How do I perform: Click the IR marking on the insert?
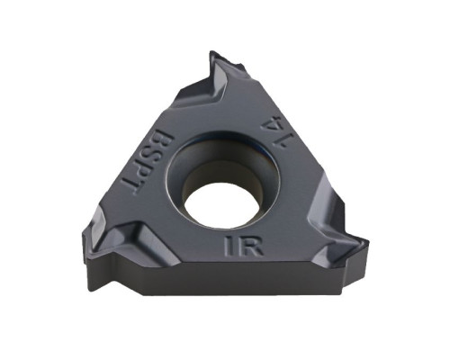pyautogui.click(x=244, y=246)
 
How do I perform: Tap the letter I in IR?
pyautogui.click(x=229, y=246)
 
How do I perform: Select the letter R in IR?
pyautogui.click(x=251, y=246)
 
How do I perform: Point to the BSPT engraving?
pyautogui.click(x=147, y=163)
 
